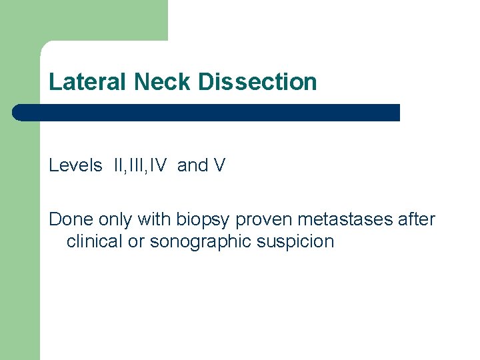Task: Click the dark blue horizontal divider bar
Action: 207,112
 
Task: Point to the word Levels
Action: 75,165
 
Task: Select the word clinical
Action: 95,241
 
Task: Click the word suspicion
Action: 300,242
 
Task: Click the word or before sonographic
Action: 136,241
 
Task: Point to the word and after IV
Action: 193,165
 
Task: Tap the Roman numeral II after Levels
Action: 119,165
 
